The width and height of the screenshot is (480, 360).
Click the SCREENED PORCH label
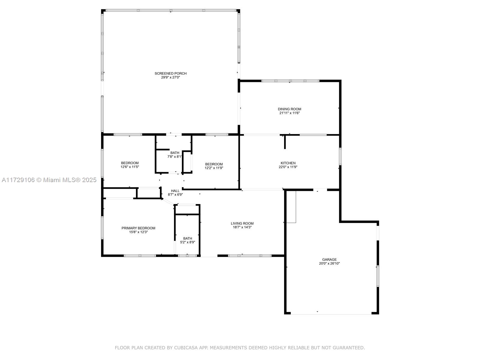(170, 73)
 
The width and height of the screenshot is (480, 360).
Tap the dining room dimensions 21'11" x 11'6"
(289, 113)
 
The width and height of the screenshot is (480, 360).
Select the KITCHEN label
(288, 163)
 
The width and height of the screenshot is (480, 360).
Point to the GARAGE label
(329, 259)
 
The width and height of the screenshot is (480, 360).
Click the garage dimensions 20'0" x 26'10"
(329, 263)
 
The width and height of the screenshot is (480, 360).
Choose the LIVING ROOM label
(242, 223)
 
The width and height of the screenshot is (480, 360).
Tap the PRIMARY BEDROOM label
(138, 228)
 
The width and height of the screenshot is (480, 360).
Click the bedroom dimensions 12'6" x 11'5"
(130, 167)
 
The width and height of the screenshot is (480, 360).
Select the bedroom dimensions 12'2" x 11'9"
(214, 168)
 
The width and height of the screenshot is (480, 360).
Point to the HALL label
(175, 191)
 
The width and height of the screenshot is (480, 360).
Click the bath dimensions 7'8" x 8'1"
(175, 157)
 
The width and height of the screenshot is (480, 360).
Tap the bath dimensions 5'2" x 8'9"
(187, 242)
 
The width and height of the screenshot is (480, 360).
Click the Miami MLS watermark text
(49, 180)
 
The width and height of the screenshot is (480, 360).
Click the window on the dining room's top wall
(290, 81)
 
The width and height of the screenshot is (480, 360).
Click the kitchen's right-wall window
(340, 156)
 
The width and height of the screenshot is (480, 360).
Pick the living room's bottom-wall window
(250, 256)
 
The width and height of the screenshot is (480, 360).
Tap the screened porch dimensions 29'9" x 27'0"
(170, 77)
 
